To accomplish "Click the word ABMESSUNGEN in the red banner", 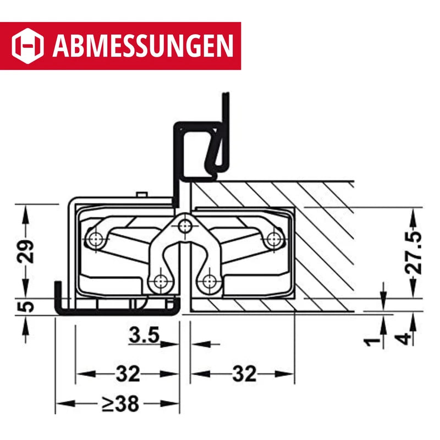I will click(x=143, y=46).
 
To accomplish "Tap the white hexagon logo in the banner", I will click(x=28, y=46).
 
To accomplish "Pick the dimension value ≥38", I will click(x=120, y=404).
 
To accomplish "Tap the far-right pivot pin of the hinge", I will click(x=273, y=238).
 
